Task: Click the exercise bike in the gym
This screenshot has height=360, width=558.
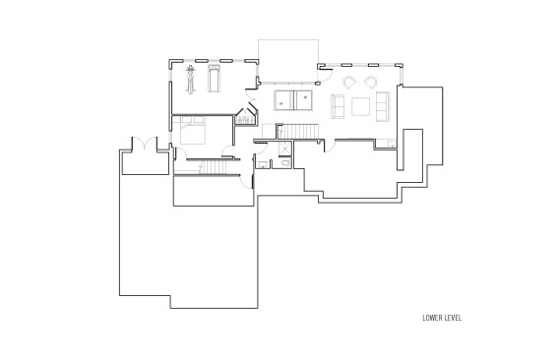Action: (x=191, y=80)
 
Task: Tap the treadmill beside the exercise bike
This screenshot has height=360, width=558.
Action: (x=214, y=79)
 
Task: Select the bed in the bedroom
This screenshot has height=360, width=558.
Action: (x=193, y=130)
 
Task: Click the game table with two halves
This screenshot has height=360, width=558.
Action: (x=293, y=100)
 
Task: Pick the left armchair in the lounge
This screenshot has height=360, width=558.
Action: (x=349, y=83)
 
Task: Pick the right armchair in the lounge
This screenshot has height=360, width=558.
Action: (x=371, y=82)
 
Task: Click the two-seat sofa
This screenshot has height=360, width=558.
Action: (x=338, y=106)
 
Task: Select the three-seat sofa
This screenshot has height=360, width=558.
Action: (x=383, y=106)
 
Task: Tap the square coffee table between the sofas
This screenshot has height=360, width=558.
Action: (x=360, y=106)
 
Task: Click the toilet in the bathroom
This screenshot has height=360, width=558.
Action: (x=286, y=163)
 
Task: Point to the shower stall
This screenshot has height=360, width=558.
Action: (x=285, y=149)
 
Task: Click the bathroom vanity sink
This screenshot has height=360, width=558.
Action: (x=264, y=164)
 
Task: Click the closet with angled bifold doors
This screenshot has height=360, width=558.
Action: (x=246, y=114)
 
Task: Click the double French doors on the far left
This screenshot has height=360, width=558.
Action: (x=145, y=143)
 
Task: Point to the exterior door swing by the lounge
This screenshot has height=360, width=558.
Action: (x=328, y=74)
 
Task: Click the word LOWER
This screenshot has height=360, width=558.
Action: (x=431, y=318)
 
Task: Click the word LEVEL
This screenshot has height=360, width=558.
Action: (x=453, y=318)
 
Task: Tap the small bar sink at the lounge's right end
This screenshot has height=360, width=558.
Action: (x=392, y=144)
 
